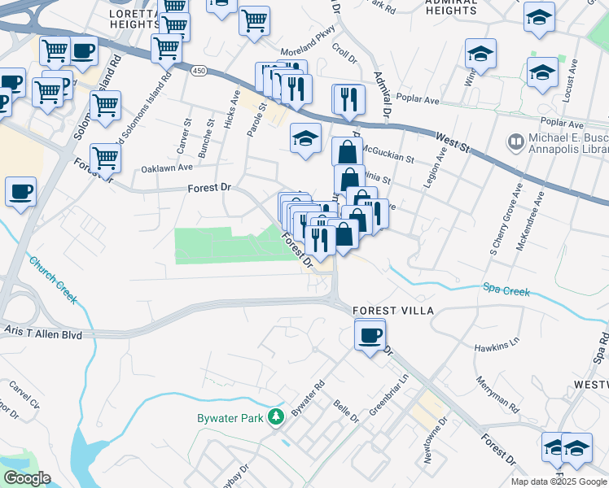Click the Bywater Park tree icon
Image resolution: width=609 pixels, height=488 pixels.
pyautogui.click(x=276, y=417)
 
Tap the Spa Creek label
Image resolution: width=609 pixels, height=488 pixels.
pyautogui.click(x=506, y=290)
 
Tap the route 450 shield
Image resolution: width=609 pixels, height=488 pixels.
pyautogui.click(x=199, y=71)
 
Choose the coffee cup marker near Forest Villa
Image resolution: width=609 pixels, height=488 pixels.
pyautogui.click(x=370, y=334)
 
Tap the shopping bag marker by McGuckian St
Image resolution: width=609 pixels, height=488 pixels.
pyautogui.click(x=348, y=152)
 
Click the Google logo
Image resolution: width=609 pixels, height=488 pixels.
pyautogui.click(x=27, y=478)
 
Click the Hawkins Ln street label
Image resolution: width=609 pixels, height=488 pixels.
pyautogui.click(x=497, y=345)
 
